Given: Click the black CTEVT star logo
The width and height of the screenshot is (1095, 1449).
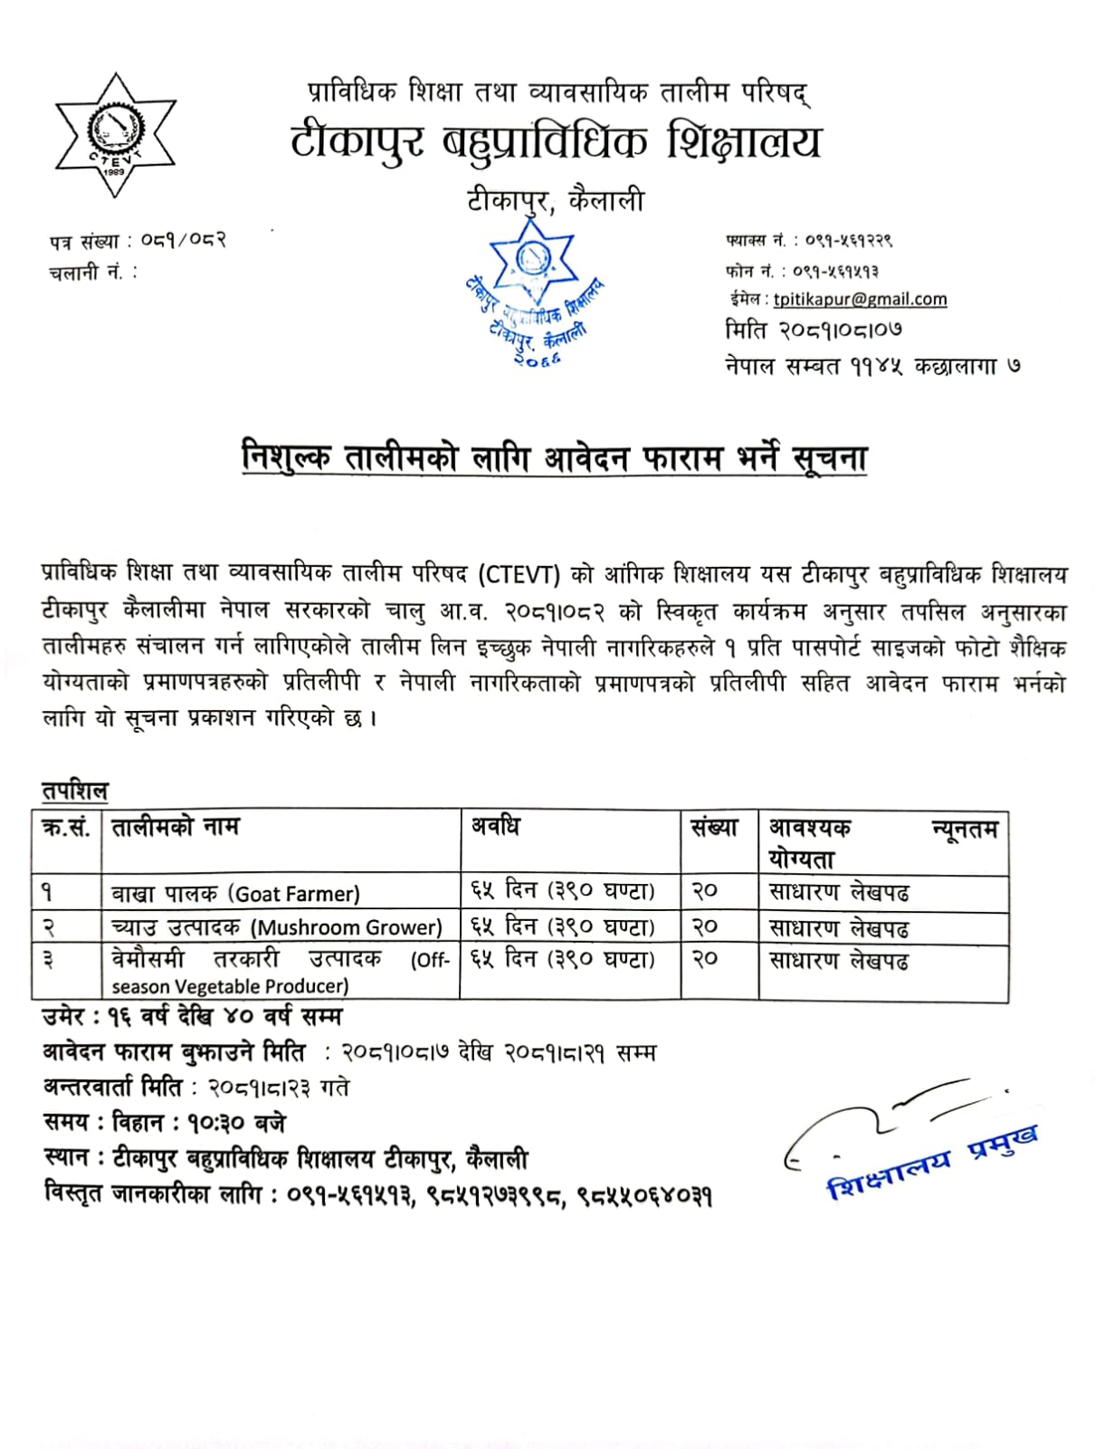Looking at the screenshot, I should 115,136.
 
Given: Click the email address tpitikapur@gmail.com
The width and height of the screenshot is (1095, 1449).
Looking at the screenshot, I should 860,300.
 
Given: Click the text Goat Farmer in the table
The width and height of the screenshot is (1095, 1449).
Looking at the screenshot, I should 296,895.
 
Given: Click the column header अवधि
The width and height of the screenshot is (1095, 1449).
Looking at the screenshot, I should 495,826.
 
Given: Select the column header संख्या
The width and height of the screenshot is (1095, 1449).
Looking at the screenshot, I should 714,827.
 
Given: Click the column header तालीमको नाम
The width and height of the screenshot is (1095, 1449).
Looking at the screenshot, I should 175,827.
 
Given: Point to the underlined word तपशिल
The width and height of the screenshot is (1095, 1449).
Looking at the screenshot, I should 74,792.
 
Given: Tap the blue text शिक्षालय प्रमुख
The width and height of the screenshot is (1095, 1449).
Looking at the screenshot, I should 932,1164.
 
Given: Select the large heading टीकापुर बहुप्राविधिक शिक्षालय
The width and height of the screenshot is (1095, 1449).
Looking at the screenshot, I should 556,143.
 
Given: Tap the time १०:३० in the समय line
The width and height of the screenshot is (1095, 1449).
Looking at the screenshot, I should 216,1124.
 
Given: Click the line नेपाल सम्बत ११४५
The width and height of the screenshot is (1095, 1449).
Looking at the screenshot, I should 872,366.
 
